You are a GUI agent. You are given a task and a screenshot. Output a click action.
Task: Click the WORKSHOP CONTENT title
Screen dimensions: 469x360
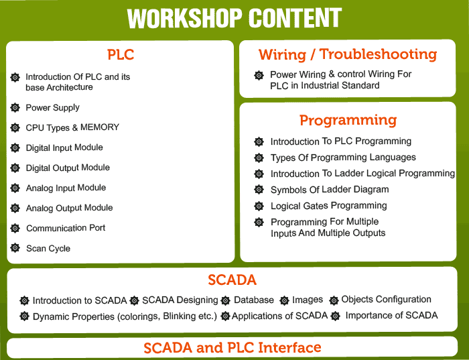(234, 18)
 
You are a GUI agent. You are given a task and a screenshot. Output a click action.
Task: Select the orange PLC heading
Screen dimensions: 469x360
(121, 55)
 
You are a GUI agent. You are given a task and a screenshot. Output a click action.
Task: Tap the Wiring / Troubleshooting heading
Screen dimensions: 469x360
(348, 54)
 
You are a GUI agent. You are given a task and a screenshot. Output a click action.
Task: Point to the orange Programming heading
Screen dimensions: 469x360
(348, 120)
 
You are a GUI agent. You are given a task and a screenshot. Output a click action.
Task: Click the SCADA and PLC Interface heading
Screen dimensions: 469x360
(232, 348)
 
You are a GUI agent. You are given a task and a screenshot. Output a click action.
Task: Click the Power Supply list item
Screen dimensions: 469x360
(53, 108)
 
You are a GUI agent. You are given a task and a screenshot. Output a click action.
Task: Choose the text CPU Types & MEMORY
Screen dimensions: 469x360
(72, 128)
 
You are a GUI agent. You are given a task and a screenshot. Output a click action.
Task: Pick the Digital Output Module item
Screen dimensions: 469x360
(68, 168)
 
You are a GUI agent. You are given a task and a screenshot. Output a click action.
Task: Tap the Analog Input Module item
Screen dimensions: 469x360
(66, 188)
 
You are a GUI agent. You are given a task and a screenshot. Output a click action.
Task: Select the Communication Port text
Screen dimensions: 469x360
(66, 228)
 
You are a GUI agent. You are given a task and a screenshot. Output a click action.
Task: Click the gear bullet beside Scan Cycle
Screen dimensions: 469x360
(15, 248)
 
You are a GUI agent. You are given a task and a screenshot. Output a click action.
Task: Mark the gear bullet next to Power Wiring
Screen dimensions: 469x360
(259, 75)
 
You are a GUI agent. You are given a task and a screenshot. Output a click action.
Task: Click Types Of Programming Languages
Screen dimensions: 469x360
(343, 158)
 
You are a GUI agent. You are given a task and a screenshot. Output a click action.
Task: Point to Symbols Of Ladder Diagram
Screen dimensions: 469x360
(330, 190)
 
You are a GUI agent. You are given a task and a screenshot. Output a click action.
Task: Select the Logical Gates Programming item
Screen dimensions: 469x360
(329, 206)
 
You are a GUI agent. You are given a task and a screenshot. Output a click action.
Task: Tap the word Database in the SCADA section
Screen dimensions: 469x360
(254, 300)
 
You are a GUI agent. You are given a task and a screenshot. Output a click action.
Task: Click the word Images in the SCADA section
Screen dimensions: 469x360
(308, 300)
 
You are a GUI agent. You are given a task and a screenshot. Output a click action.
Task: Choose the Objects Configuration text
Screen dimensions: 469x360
(386, 299)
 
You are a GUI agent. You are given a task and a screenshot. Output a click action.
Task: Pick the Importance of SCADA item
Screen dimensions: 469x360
(391, 315)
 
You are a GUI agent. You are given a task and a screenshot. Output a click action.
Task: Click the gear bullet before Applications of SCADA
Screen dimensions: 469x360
(225, 316)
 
